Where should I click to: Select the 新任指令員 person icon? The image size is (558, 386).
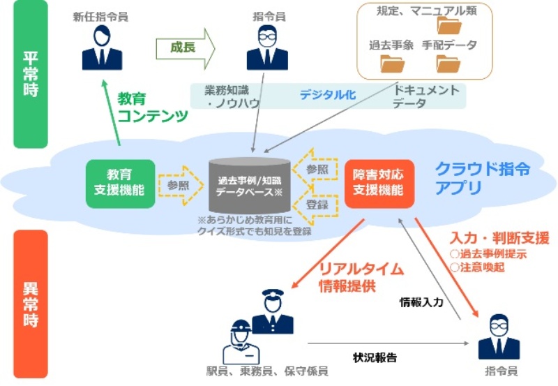tap(102, 47)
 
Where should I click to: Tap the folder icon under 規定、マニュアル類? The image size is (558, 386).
tap(448, 27)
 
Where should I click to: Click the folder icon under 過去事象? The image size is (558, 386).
tap(393, 64)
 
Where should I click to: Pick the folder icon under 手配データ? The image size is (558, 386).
tap(448, 64)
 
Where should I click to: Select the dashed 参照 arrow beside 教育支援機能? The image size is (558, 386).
tap(178, 185)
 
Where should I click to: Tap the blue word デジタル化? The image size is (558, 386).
tap(328, 96)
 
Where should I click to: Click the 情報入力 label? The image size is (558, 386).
tap(422, 303)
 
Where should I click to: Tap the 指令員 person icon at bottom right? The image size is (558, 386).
tap(499, 338)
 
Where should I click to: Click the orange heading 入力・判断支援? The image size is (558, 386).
tap(499, 238)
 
